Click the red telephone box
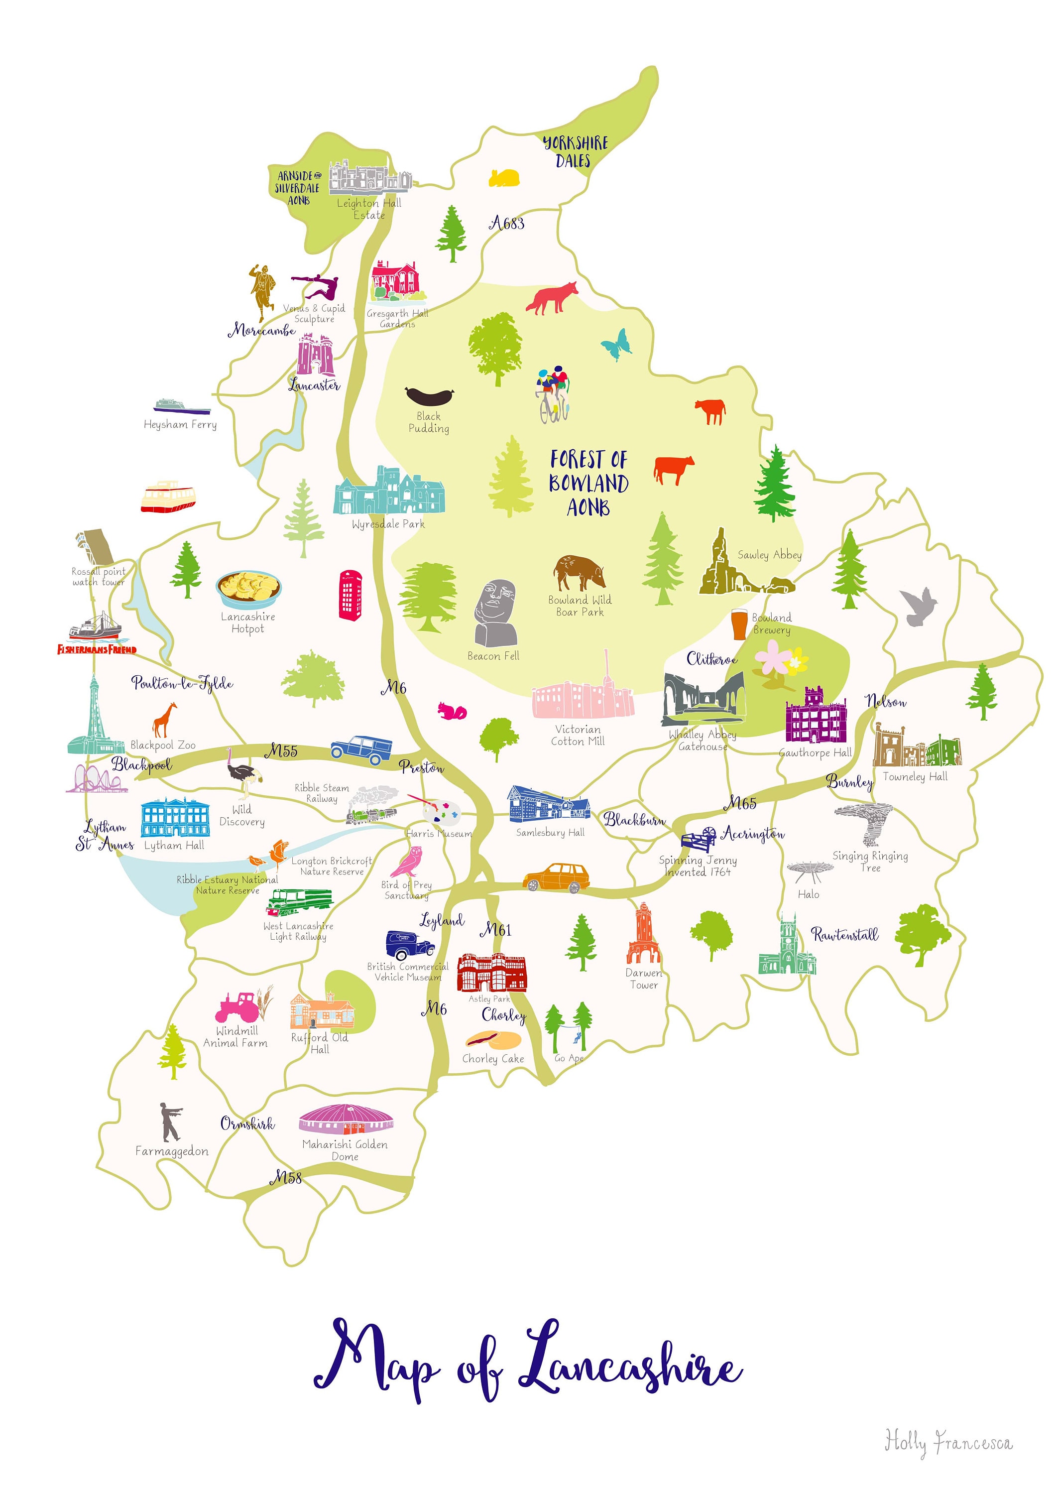pyautogui.click(x=350, y=595)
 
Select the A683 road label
pyautogui.click(x=507, y=224)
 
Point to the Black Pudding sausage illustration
pyautogui.click(x=429, y=395)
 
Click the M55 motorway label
pyautogui.click(x=281, y=751)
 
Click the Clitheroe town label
pyautogui.click(x=712, y=659)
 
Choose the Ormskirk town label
pyautogui.click(x=247, y=1124)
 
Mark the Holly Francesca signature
pyautogui.click(x=948, y=1443)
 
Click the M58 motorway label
pyautogui.click(x=286, y=1177)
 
